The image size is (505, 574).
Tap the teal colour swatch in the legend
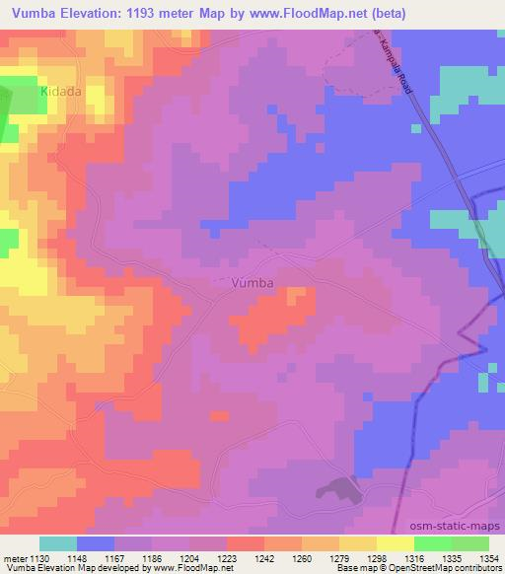[x=58, y=543]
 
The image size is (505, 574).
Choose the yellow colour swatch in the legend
[x=395, y=543]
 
